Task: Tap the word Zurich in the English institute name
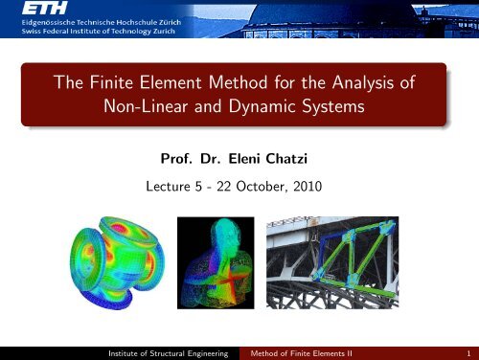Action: (205, 41)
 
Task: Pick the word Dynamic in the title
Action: (262, 108)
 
